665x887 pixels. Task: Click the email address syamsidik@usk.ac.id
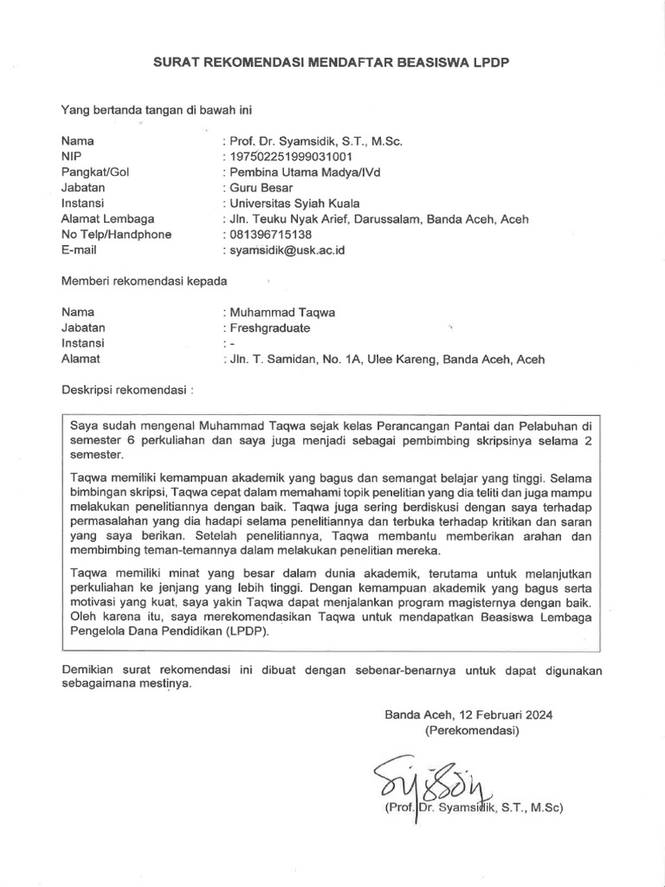[284, 249]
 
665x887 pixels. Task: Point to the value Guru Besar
[261, 187]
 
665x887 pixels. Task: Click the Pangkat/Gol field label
[95, 172]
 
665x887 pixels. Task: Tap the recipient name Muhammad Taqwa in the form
[280, 312]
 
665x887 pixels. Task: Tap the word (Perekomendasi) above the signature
[472, 730]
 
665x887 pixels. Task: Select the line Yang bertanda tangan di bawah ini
[156, 109]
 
